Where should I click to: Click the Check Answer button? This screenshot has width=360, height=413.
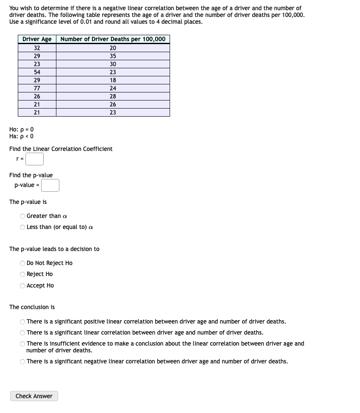34,396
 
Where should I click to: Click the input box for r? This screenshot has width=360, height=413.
34,159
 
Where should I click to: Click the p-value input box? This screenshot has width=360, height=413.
50,185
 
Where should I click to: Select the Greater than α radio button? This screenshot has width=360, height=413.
22,216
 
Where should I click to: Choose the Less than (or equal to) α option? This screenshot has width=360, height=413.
22,227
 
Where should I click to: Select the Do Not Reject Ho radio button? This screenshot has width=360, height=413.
22,263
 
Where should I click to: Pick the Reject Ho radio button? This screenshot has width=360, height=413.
22,274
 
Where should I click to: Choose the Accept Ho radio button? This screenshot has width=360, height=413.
22,285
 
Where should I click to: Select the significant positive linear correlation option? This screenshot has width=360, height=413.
22,321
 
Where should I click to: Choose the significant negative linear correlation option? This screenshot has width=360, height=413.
22,362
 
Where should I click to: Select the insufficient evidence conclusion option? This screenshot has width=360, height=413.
22,344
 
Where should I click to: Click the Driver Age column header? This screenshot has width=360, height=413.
37,39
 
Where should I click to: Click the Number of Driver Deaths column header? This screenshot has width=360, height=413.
113,39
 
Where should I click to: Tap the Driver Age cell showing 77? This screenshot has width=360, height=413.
37,88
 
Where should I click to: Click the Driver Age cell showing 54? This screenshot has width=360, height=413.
37,72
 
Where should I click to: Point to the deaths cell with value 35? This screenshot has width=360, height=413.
113,56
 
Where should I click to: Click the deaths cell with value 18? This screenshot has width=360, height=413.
113,80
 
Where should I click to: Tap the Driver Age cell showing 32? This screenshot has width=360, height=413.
37,48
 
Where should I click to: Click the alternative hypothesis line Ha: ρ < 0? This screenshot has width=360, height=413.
21,136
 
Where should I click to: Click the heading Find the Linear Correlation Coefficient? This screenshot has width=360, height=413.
61,149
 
